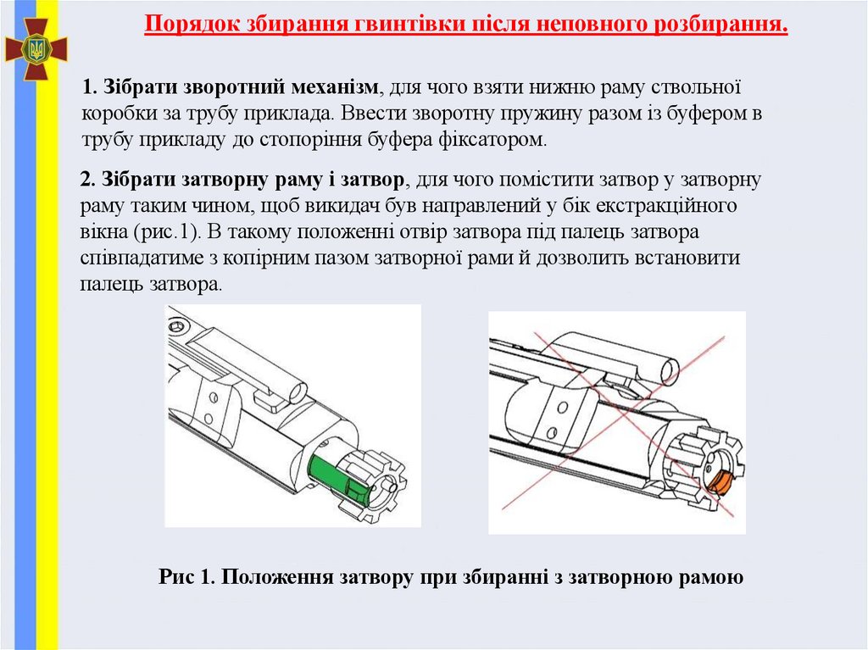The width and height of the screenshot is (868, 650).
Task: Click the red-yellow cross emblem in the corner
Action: (x=36, y=48)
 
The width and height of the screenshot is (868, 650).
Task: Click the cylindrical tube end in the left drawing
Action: (x=293, y=390)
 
